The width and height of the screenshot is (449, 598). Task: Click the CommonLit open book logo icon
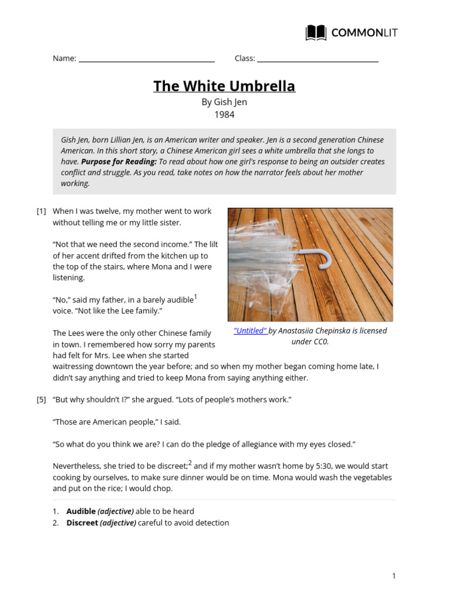pyautogui.click(x=316, y=33)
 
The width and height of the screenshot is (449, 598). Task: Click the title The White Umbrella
pyautogui.click(x=224, y=86)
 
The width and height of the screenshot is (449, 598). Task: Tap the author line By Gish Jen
pyautogui.click(x=224, y=102)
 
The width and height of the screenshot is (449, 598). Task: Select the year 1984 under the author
pyautogui.click(x=224, y=114)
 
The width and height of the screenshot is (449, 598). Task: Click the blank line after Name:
pyautogui.click(x=146, y=60)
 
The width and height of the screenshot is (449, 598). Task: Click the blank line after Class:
pyautogui.click(x=317, y=60)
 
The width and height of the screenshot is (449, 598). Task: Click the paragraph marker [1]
pyautogui.click(x=42, y=211)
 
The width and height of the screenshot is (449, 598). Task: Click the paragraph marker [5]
pyautogui.click(x=42, y=400)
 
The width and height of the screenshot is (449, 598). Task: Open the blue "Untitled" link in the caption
pyautogui.click(x=250, y=331)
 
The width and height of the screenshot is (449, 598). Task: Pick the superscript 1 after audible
pyautogui.click(x=195, y=297)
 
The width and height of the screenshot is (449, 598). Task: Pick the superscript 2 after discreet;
pyautogui.click(x=190, y=464)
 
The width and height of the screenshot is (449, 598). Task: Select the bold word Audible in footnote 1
pyautogui.click(x=81, y=512)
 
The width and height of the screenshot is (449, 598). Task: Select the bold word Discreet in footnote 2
pyautogui.click(x=82, y=523)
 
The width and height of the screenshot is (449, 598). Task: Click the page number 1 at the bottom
pyautogui.click(x=394, y=576)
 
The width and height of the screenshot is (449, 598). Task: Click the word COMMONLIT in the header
pyautogui.click(x=364, y=33)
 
